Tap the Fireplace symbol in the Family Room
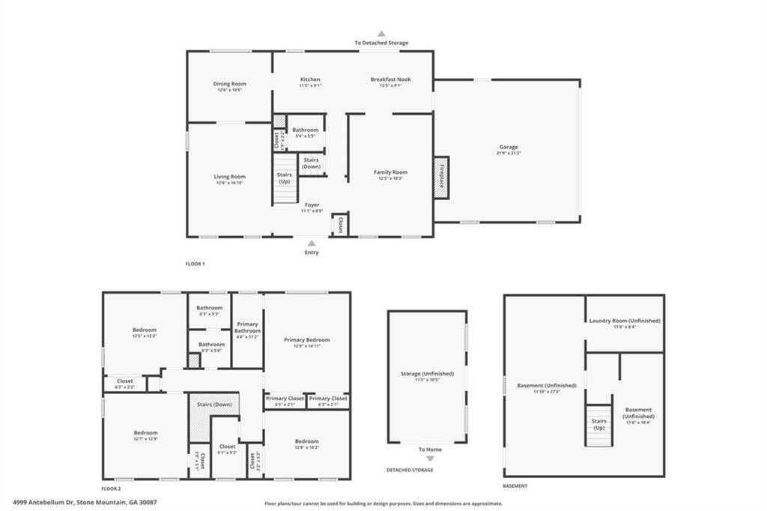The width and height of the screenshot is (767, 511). (441, 178)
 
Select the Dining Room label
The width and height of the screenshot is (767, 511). (229, 84)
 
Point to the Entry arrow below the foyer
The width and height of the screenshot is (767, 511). (312, 243)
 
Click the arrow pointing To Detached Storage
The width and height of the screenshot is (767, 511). (381, 34)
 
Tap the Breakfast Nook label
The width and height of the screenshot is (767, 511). (390, 79)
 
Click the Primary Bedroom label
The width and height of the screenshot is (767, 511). (306, 339)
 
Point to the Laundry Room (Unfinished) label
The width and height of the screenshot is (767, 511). (625, 321)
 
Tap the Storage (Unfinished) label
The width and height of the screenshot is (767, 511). (427, 373)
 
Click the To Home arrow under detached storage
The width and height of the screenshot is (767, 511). (430, 459)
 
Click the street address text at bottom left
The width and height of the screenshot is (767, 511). (84, 502)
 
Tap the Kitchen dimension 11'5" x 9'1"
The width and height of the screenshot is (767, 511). (310, 85)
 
